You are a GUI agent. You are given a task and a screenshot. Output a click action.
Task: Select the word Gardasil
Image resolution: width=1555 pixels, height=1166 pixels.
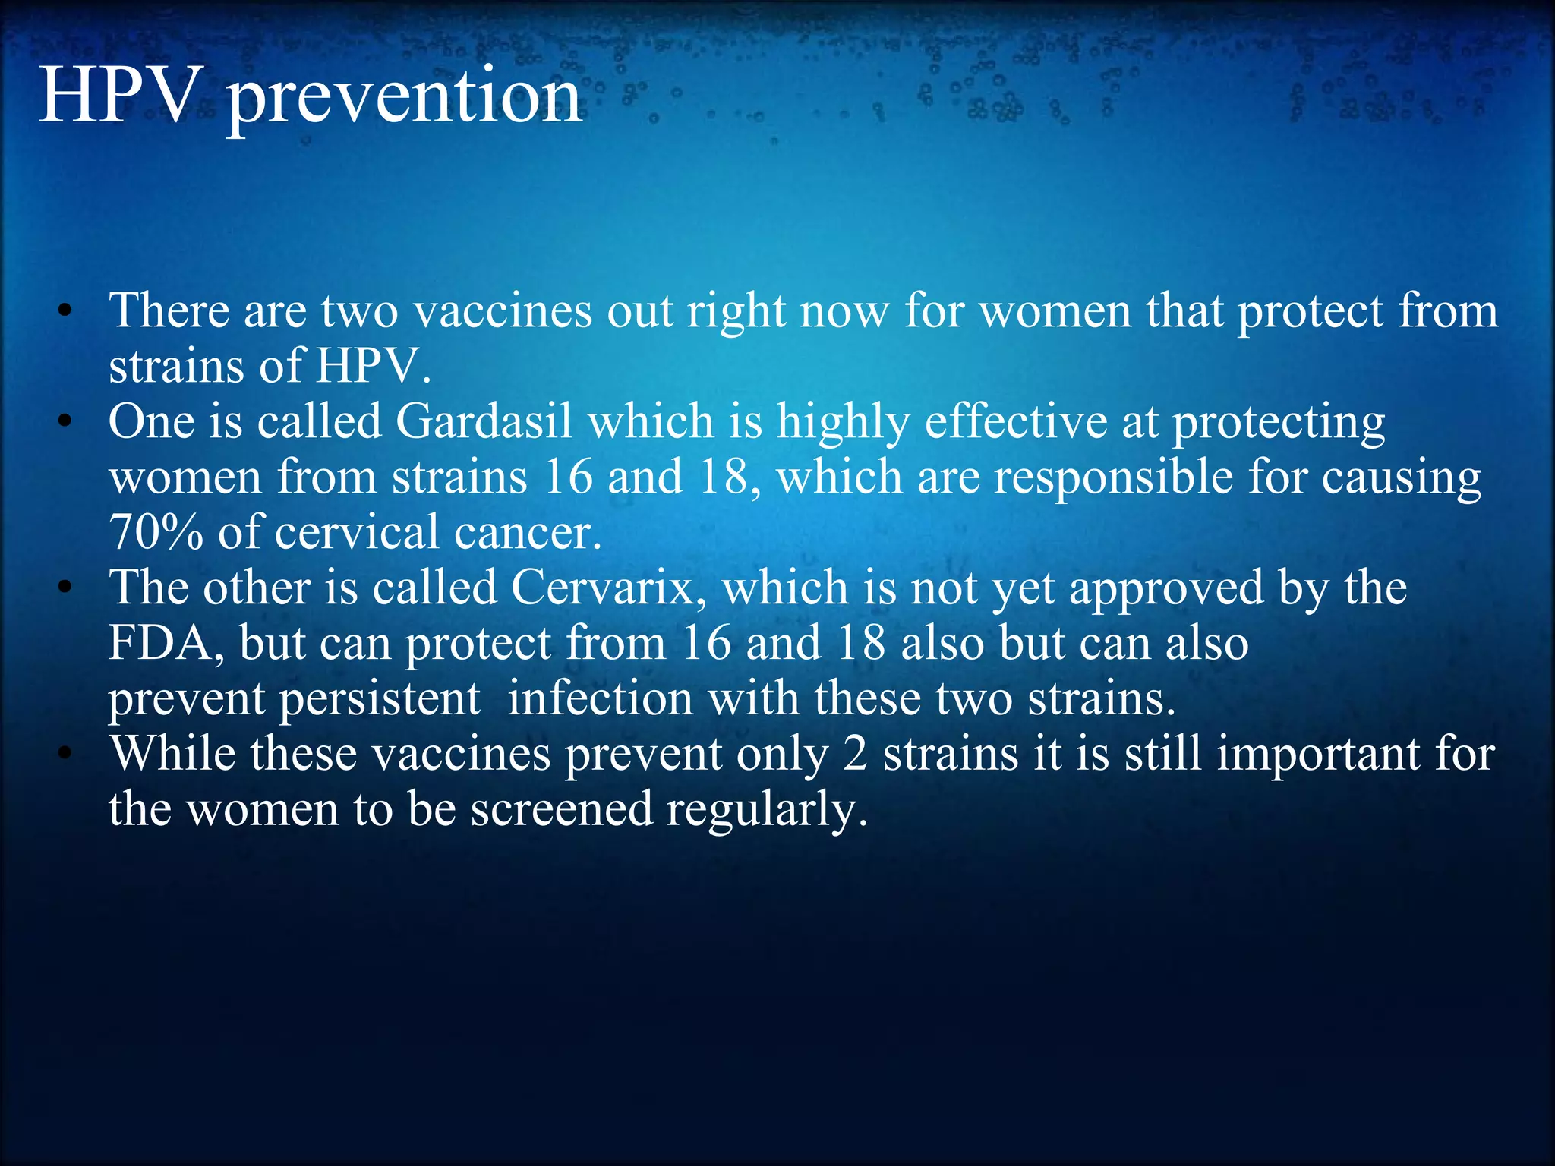(x=484, y=422)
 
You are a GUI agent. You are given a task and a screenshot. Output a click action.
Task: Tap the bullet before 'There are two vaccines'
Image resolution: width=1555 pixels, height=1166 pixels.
(x=66, y=311)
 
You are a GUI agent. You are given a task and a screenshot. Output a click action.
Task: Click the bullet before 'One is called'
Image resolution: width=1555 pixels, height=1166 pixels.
(x=66, y=422)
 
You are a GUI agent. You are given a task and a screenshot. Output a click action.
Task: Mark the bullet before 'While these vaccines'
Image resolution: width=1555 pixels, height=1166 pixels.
(x=66, y=754)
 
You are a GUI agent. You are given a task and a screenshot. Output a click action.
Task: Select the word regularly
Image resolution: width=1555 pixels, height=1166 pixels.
(x=766, y=810)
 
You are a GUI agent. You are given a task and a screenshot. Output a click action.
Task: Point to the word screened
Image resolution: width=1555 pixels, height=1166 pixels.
(x=561, y=809)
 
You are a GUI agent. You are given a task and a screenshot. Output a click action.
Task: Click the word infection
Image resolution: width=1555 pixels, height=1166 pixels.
(x=600, y=698)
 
